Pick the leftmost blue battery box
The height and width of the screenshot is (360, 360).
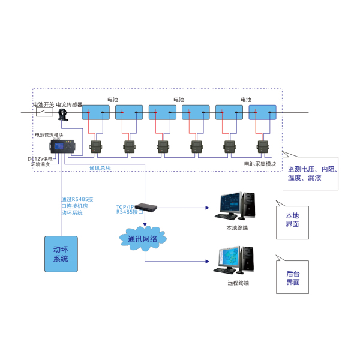click(95, 112)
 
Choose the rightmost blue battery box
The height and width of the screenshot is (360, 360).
click(262, 112)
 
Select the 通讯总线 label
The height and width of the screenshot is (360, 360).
click(100, 169)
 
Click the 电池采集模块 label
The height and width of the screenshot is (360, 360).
click(260, 164)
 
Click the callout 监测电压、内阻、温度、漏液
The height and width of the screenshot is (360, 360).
click(313, 174)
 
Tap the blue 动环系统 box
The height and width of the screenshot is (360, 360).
click(61, 254)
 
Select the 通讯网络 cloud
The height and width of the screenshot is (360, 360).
click(143, 239)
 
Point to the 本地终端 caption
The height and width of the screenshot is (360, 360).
click(237, 228)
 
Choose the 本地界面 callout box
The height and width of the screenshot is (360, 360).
click(293, 220)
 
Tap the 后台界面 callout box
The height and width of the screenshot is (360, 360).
click(293, 277)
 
